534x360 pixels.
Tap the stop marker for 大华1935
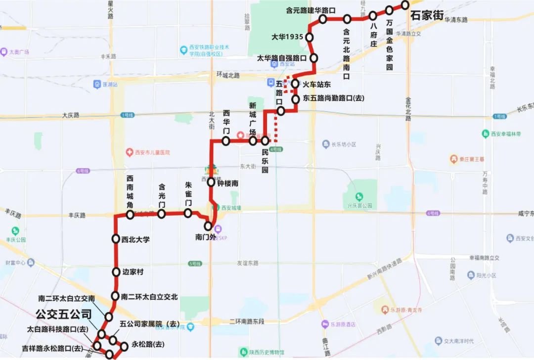click(x=310, y=37)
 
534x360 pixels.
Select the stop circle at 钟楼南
click(x=211, y=182)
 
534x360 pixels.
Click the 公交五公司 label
click(x=64, y=314)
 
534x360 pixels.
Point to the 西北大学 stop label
click(x=135, y=240)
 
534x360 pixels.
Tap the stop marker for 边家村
click(x=116, y=271)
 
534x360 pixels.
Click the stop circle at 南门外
click(x=208, y=226)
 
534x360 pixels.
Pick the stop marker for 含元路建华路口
click(x=323, y=19)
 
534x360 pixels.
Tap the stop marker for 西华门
click(x=226, y=141)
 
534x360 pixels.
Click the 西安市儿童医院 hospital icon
click(x=130, y=152)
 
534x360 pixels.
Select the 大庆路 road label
click(x=71, y=115)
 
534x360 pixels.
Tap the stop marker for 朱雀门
click(x=188, y=213)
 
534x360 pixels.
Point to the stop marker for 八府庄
click(x=373, y=16)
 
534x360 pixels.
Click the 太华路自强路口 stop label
click(x=281, y=58)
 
